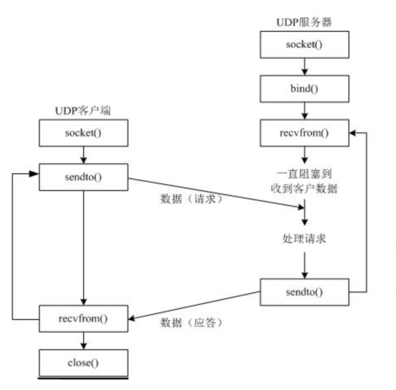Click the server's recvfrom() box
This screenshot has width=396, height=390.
pyautogui.click(x=306, y=134)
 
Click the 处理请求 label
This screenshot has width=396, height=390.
pyautogui.click(x=306, y=238)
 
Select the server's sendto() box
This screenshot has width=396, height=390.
pyautogui.click(x=306, y=292)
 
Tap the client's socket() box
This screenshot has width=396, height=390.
pyautogui.click(x=85, y=134)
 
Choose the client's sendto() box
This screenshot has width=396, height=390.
pyautogui.click(x=85, y=176)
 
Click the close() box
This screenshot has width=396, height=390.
pyautogui.click(x=85, y=359)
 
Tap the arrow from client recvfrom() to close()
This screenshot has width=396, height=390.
pyautogui.click(x=85, y=338)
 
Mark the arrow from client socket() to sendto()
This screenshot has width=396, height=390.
pyautogui.click(x=85, y=155)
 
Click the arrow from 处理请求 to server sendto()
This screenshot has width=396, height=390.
pyautogui.click(x=306, y=264)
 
